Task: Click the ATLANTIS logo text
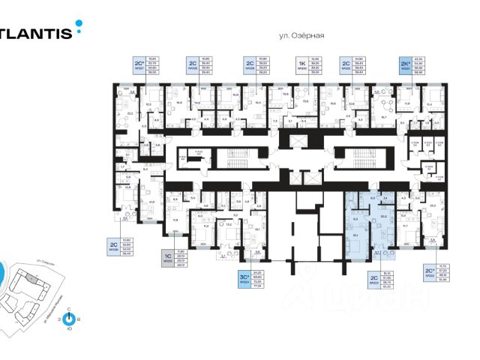36,32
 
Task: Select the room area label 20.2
384,216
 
